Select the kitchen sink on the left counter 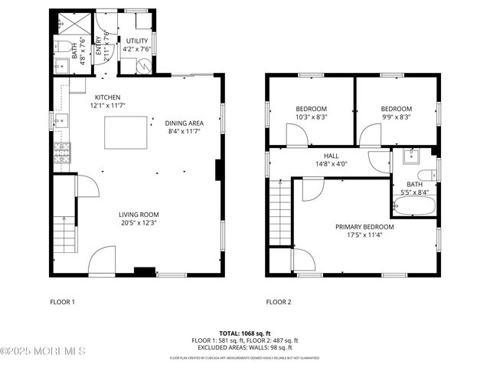[60, 120]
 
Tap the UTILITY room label [137, 41]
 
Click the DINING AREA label [184, 123]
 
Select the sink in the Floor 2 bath [410, 157]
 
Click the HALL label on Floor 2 [331, 155]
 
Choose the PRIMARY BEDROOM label [364, 227]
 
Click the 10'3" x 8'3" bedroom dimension [312, 117]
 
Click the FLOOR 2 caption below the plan [279, 302]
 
